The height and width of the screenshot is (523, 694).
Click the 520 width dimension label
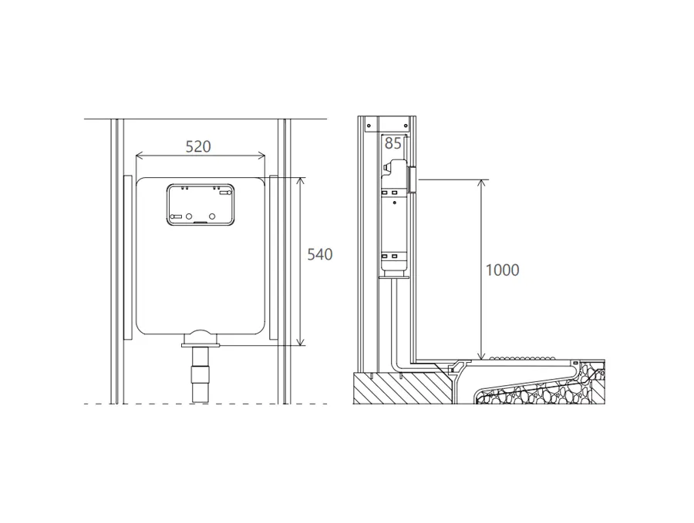coord(198,146)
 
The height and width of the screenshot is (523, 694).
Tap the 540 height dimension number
coord(319,254)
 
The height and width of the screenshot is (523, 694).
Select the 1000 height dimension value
coord(502,270)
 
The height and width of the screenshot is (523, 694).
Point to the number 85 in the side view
coord(392,143)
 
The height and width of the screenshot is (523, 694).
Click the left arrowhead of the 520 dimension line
coord(140,155)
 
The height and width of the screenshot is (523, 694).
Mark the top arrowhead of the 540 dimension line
coord(301,181)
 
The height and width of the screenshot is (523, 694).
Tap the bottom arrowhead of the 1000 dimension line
coord(482,355)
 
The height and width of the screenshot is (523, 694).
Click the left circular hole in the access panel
coord(189,216)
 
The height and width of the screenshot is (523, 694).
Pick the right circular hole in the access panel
coord(212,216)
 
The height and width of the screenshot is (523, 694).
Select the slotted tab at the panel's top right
coord(226,193)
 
